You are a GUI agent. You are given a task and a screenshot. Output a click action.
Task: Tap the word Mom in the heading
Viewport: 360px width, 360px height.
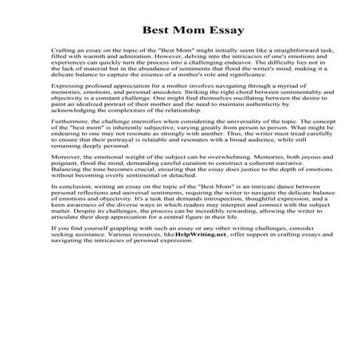[174, 32]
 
